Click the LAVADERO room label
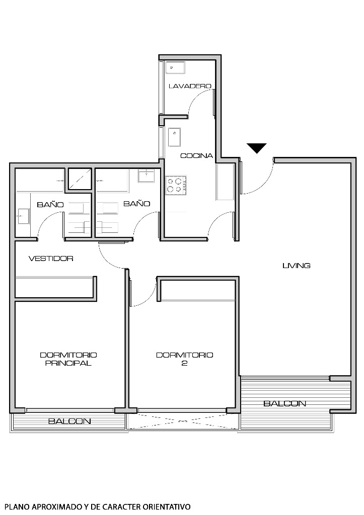coord(189,87)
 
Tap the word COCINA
coord(197,156)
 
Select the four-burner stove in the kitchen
coord(176,185)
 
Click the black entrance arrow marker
coord(256,148)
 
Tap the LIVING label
coord(296,266)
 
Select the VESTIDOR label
coord(51,259)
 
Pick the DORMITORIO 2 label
coord(184,359)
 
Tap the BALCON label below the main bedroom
coord(69,421)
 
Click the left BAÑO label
coord(50,205)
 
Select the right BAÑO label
coord(137,204)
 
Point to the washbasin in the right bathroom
coord(146,176)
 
